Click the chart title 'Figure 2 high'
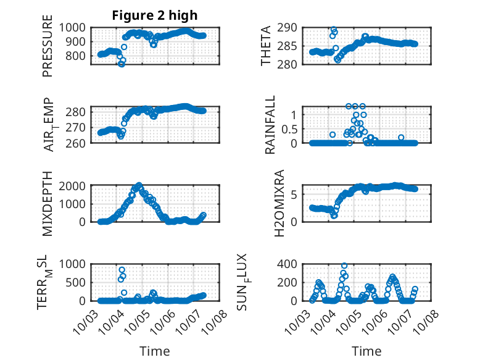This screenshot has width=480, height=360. point(155,15)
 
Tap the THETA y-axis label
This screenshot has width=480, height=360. point(266,46)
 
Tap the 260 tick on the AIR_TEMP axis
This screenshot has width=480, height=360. point(78,143)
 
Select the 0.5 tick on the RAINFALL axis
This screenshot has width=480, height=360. point(295,128)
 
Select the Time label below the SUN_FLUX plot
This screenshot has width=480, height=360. point(366,351)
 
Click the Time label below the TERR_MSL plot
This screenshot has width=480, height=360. point(155,351)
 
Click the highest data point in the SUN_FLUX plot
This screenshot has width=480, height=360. point(344,266)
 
